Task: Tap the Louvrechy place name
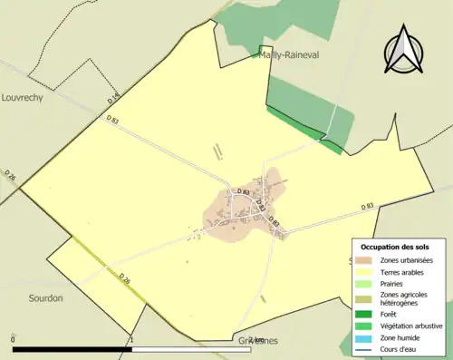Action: click(x=23, y=95)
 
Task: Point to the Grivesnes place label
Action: click(x=258, y=341)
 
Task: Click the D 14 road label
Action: click(x=113, y=96)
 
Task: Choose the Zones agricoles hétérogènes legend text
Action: click(x=404, y=299)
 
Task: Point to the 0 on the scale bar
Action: click(x=13, y=340)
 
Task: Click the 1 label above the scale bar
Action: click(x=132, y=340)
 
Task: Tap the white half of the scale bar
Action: click(x=191, y=349)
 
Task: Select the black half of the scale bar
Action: click(x=72, y=349)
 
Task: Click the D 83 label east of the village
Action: click(x=367, y=207)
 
